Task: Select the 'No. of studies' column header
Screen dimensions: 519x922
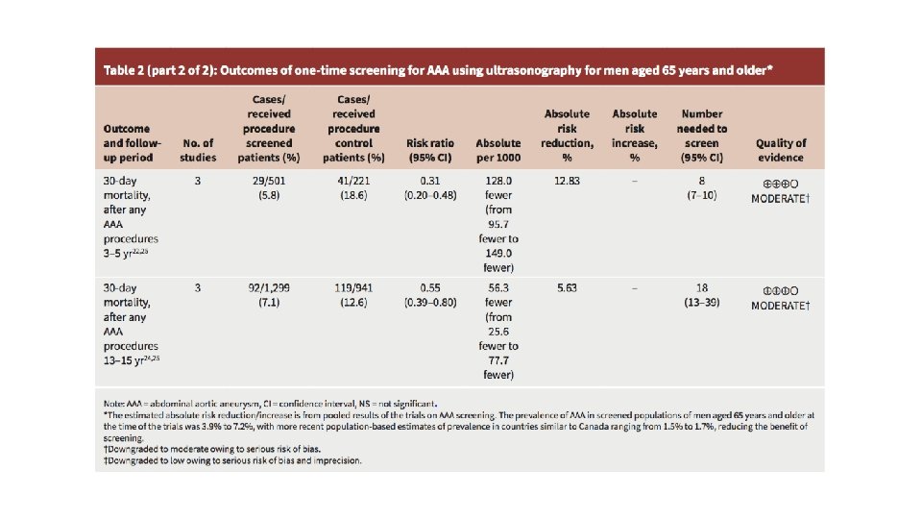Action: point(199,150)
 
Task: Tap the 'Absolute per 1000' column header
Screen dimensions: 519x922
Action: point(498,150)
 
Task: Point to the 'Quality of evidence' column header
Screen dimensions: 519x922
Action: point(781,150)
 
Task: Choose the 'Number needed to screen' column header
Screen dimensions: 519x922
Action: point(702,135)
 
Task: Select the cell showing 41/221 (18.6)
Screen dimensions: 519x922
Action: point(357,187)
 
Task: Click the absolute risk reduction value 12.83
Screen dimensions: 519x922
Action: point(567,181)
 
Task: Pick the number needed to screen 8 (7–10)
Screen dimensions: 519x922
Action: point(702,187)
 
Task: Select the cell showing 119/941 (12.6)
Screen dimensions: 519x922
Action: point(357,294)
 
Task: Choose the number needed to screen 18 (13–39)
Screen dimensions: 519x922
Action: point(702,294)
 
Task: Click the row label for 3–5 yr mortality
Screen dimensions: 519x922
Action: point(132,218)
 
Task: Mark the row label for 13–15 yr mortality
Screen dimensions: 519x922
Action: point(132,325)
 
